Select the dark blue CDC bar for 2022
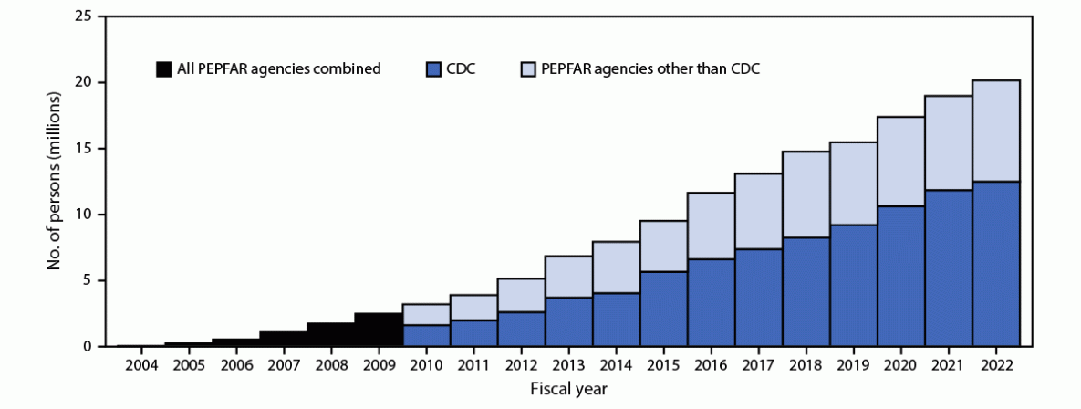click(996, 264)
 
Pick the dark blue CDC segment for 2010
click(426, 335)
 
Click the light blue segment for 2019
click(854, 184)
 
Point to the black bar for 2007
click(283, 339)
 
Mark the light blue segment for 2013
click(568, 277)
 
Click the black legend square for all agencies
click(164, 68)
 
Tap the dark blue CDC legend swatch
click(434, 68)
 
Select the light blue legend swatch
click(528, 68)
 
